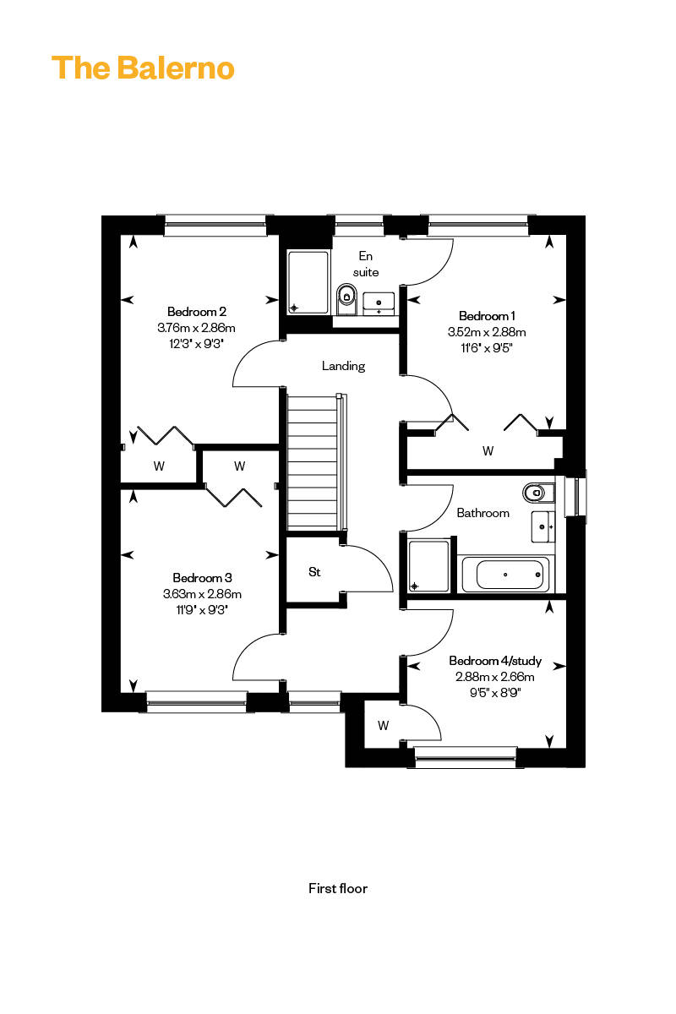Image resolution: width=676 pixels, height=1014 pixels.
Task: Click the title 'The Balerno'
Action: tap(143, 68)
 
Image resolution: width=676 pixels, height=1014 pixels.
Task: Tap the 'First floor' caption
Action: tap(338, 888)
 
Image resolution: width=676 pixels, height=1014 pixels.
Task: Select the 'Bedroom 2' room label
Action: tap(197, 312)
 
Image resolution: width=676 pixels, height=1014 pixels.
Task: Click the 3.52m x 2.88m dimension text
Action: tap(487, 332)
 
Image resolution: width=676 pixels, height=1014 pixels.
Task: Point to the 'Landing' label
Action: tap(343, 366)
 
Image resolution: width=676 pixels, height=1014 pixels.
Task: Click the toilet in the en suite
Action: tap(346, 300)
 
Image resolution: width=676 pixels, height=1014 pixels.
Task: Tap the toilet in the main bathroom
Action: tap(539, 493)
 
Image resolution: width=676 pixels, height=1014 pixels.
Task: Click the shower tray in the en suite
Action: tap(308, 282)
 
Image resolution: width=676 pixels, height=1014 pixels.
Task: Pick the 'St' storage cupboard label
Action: tap(314, 572)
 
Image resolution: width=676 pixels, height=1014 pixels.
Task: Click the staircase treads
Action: tap(313, 461)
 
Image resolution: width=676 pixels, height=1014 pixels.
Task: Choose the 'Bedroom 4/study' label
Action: tap(495, 661)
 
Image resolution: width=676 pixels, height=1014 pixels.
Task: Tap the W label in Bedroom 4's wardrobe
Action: tap(383, 726)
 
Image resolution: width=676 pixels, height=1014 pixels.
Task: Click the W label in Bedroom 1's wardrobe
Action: tap(488, 451)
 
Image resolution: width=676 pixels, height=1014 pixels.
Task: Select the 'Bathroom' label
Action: tap(482, 513)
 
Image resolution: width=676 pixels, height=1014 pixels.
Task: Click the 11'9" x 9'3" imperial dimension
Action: tap(202, 610)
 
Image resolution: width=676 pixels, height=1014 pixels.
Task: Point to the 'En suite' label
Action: tap(365, 264)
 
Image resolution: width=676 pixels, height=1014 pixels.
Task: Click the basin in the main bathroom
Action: tap(543, 526)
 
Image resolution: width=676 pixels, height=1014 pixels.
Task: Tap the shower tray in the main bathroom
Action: tap(428, 566)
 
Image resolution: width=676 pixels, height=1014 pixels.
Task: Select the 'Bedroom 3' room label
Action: tap(202, 578)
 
